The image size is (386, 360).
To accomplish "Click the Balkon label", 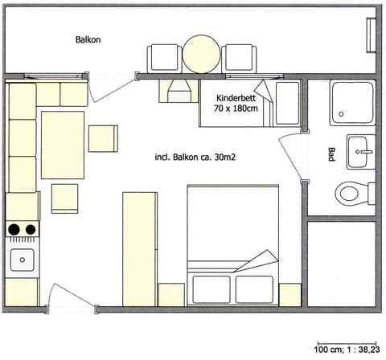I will (88, 39).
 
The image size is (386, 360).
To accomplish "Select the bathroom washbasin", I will (360, 150).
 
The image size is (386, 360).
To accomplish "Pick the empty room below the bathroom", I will (341, 263).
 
